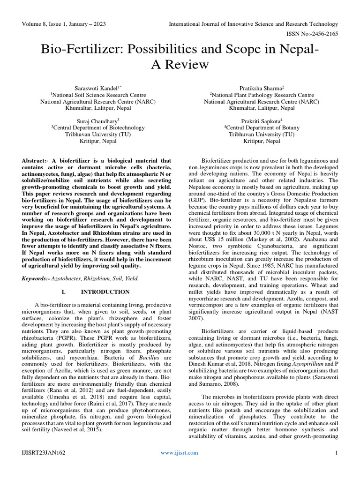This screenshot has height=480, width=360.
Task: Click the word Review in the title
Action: tap(180, 64)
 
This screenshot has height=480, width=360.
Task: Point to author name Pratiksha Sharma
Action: tap(262, 88)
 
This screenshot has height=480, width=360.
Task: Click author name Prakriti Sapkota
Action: tap(262, 120)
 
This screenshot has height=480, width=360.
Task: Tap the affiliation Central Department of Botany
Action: tap(262, 127)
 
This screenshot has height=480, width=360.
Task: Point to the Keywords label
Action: tap(38, 278)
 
